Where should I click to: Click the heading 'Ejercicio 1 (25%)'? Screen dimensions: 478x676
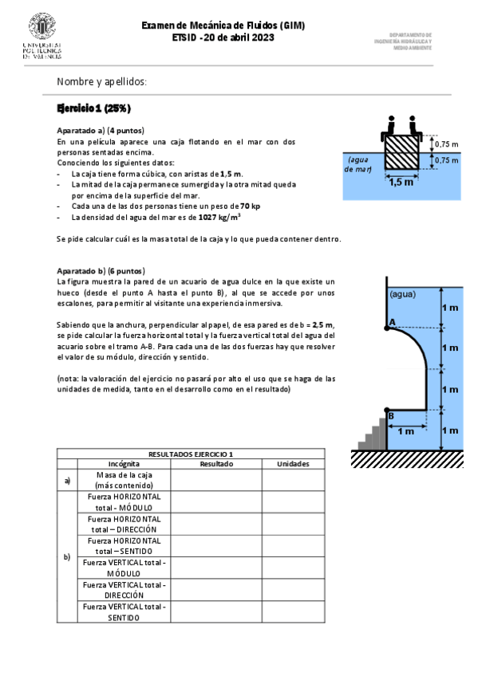point(93,108)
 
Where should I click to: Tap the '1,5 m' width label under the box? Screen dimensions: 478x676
point(401,182)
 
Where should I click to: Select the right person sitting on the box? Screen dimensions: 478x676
point(413,126)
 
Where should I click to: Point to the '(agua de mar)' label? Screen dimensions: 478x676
point(358,164)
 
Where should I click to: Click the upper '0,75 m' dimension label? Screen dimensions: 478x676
point(446,144)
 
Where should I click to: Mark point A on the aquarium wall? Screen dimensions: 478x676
point(390,322)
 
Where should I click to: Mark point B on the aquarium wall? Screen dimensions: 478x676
point(390,415)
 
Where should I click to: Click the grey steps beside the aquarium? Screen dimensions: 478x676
point(372,432)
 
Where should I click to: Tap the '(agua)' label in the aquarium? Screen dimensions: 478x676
point(403,294)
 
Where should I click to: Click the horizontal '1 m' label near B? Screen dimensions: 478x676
point(405,431)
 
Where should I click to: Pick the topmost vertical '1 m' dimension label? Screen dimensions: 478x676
point(451,308)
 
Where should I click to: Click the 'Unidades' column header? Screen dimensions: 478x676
point(293,464)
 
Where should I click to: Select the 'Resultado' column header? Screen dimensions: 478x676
point(216,464)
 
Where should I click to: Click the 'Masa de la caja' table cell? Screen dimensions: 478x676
point(124,480)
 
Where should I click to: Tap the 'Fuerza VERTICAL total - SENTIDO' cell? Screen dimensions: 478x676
point(124,611)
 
